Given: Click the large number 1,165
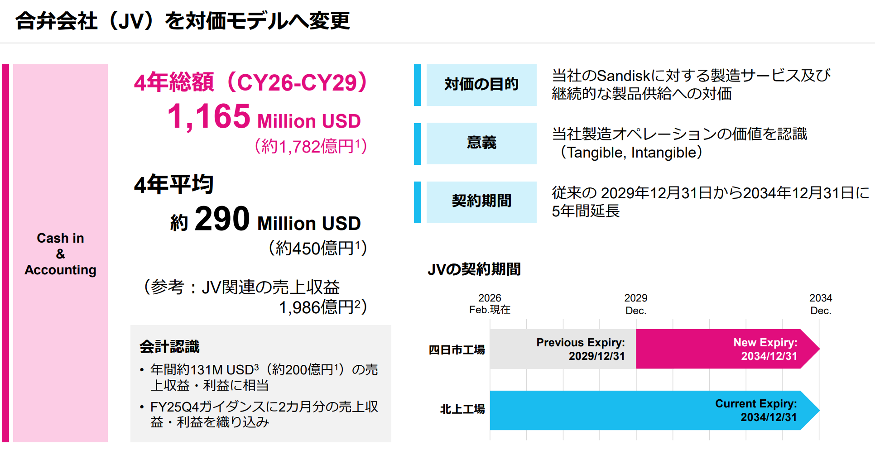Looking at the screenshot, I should click(209, 116).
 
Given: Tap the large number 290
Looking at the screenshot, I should click(222, 219).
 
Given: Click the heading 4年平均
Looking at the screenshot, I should click(174, 184).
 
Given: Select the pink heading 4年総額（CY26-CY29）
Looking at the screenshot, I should click(250, 82).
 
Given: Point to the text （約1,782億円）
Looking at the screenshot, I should click(311, 146).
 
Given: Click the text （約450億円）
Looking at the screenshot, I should click(317, 248).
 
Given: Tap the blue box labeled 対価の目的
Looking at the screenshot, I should click(481, 85).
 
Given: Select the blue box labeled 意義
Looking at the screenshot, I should click(481, 143).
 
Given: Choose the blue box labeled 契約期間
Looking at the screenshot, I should click(481, 202).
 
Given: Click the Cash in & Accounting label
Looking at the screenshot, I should click(60, 254).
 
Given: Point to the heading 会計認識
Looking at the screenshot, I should click(169, 347).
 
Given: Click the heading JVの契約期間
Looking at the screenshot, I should click(474, 269).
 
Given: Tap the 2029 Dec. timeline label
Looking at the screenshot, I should click(636, 304).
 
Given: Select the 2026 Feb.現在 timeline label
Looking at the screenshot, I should click(490, 304).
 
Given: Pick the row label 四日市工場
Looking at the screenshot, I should click(457, 349).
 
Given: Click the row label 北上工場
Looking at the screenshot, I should click(462, 409).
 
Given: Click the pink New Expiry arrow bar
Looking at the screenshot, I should click(725, 349).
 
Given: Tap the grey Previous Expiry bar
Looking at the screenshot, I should click(563, 349).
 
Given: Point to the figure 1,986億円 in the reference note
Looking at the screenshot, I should click(316, 308).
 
